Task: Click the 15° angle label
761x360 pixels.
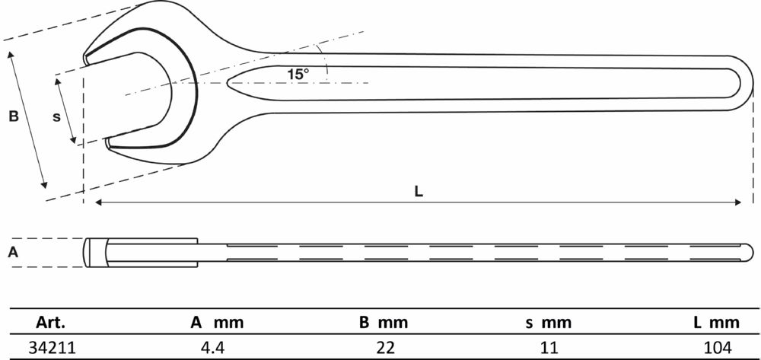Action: [298, 74]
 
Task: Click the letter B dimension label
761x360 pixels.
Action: [13, 117]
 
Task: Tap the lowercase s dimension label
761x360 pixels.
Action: [56, 116]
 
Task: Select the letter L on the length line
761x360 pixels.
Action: [419, 192]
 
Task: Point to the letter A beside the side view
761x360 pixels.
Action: [12, 253]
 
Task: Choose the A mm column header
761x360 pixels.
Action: [217, 323]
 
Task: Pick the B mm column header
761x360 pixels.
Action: [384, 323]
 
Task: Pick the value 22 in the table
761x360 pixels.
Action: [384, 347]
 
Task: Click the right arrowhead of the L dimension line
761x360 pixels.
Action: [738, 202]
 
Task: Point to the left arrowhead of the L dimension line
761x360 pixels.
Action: [97, 202]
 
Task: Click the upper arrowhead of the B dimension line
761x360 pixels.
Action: [11, 55]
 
